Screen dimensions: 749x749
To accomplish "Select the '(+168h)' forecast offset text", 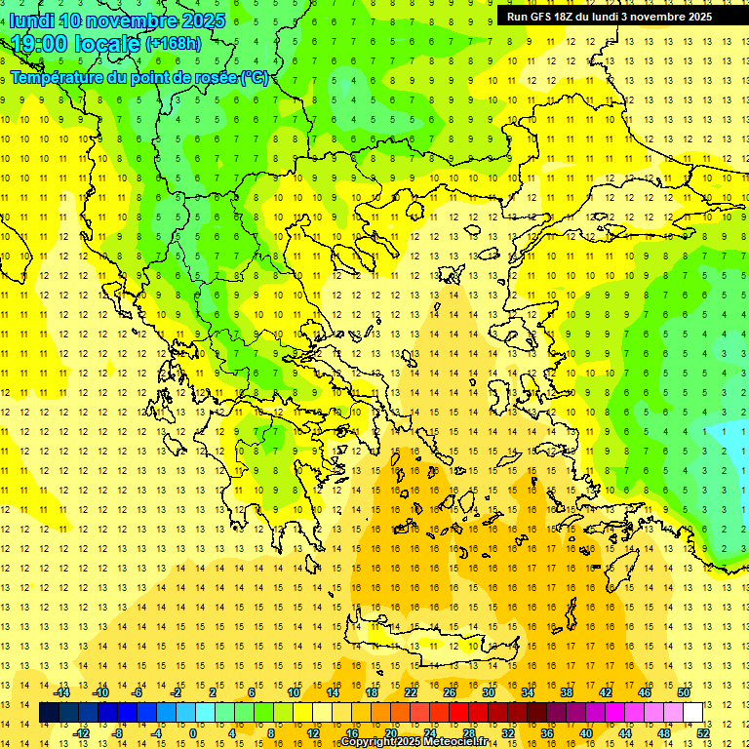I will pyautogui.click(x=174, y=43).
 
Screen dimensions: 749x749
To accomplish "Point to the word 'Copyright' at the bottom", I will pyautogui.click(x=368, y=742).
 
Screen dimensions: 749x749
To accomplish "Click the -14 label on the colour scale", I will pyautogui.click(x=62, y=692).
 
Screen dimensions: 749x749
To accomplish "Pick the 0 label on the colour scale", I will pyautogui.click(x=192, y=732).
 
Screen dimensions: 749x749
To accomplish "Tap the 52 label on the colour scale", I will pyautogui.click(x=702, y=732).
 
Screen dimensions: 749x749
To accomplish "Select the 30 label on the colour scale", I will pyautogui.click(x=488, y=692).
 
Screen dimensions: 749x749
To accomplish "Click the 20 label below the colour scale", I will pyautogui.click(x=390, y=732).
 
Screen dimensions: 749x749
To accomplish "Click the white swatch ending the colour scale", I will pyautogui.click(x=692, y=713).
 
